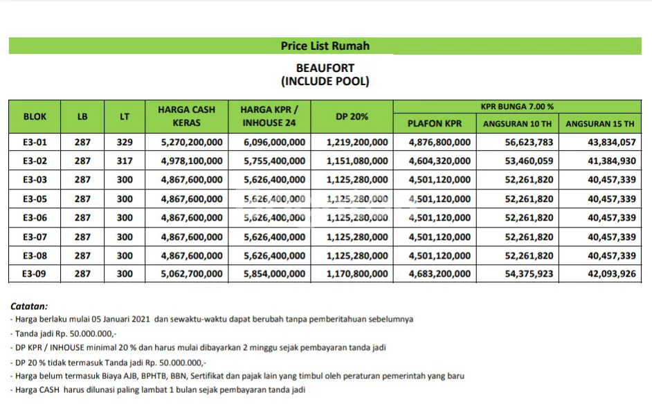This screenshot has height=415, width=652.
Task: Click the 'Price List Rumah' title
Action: tap(325, 46)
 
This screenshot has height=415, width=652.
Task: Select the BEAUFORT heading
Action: tap(325, 68)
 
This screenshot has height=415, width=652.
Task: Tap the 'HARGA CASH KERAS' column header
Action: tap(186, 116)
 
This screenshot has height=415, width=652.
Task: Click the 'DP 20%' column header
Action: tap(352, 117)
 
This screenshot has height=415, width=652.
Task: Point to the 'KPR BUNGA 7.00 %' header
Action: tap(517, 107)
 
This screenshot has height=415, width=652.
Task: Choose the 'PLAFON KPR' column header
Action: tap(434, 124)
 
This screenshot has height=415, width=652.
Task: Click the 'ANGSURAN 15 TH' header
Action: tap(599, 124)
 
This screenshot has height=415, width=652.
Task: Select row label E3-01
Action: tap(35, 142)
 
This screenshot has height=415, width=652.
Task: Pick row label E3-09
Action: tap(35, 274)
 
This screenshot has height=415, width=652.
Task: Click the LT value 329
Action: tap(125, 142)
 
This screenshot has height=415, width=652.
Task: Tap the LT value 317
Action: tap(125, 161)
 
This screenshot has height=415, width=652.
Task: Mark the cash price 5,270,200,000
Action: tap(192, 142)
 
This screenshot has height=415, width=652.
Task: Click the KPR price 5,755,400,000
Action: tap(274, 161)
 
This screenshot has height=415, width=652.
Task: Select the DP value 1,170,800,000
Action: tap(357, 274)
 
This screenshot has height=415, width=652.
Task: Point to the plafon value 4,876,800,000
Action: tap(440, 142)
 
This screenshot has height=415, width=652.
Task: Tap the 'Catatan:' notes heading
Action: tap(29, 305)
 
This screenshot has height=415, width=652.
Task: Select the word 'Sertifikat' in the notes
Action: tap(273, 376)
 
